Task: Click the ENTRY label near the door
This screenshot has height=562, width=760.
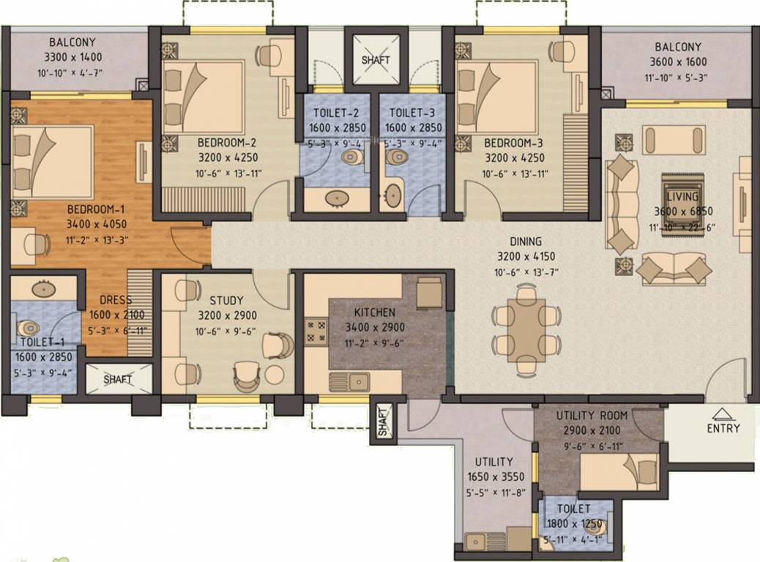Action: click(723, 428)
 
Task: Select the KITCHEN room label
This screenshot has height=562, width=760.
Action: click(375, 312)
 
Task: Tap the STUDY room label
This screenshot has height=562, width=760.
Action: click(226, 300)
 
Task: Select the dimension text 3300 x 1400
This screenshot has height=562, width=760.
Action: click(71, 56)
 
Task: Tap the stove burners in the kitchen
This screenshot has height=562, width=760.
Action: click(316, 331)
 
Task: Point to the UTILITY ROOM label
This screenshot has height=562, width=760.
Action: click(592, 416)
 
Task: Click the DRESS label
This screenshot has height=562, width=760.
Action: click(116, 300)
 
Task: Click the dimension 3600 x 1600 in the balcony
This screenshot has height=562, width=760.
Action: click(677, 62)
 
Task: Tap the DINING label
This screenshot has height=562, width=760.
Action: click(526, 241)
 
